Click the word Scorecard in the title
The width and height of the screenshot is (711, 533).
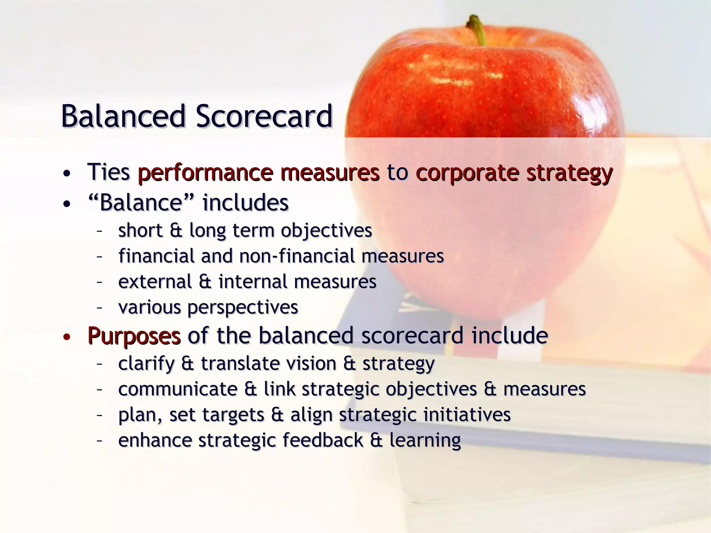pos(264,116)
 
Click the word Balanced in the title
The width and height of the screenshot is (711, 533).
pos(124,116)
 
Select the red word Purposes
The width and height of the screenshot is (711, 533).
pos(134,336)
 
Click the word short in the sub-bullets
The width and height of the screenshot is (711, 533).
pos(140,230)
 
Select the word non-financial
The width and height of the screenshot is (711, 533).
pos(297,256)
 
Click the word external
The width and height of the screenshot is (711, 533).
pos(155,281)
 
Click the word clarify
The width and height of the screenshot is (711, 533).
pos(146,364)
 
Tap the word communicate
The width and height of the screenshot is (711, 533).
pos(178,389)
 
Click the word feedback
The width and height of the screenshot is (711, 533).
pos(323,440)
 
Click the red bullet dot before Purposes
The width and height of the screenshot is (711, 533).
pos(67,337)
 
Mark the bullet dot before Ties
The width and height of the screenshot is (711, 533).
pos(67,173)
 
